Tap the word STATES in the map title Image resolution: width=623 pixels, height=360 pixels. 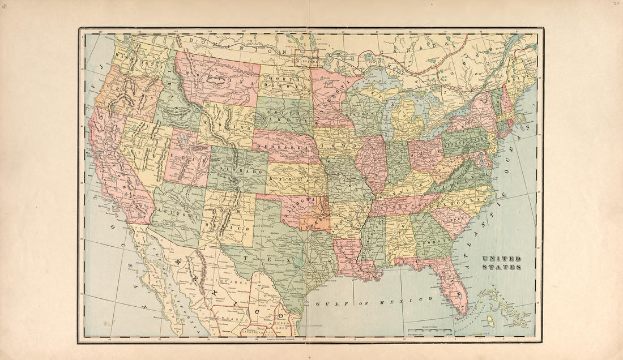click(502, 267)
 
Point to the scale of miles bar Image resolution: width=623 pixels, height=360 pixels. click(429, 329)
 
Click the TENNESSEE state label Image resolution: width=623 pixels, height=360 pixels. click(399, 205)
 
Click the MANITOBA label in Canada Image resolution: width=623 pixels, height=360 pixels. click(306, 56)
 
